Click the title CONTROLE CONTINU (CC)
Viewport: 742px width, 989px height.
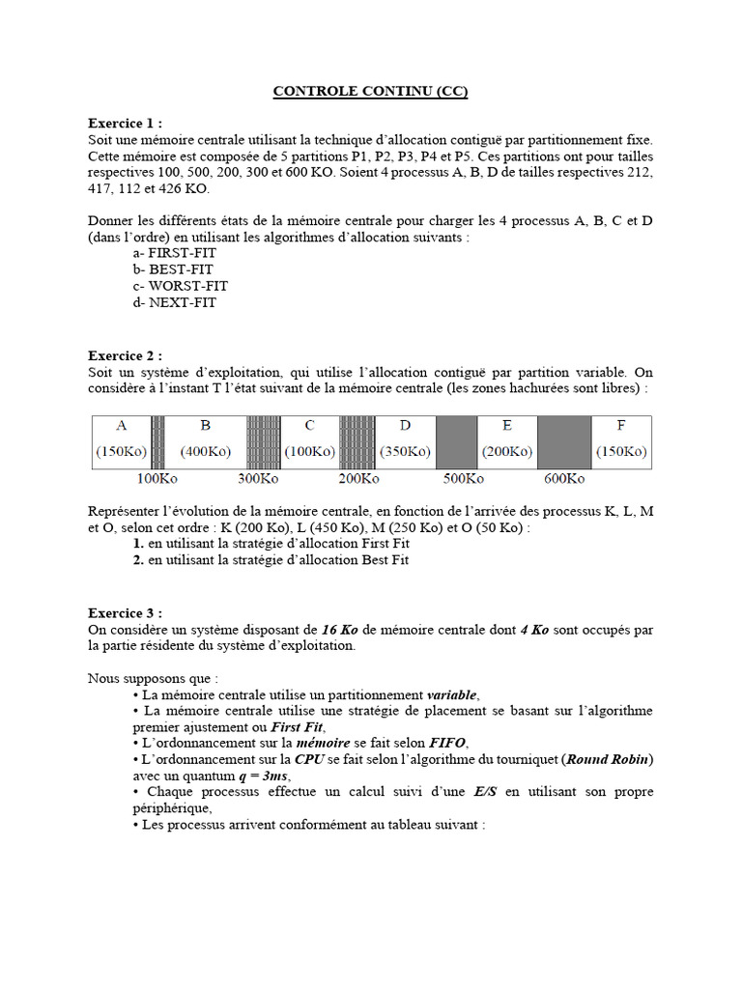coord(370,92)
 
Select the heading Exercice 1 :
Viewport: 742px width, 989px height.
coord(126,124)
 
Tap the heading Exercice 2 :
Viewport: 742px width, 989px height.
coord(126,355)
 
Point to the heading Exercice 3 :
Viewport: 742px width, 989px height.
coord(126,613)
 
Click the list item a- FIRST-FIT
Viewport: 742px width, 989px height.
coord(175,253)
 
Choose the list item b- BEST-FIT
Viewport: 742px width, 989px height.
coord(174,269)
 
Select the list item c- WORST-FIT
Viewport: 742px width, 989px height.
coord(182,286)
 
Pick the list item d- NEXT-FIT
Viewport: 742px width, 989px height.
coord(176,302)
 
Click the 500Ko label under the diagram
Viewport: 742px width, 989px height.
coord(464,478)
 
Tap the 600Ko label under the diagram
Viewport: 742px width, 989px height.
coord(564,478)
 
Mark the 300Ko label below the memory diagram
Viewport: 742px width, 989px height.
coord(258,478)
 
